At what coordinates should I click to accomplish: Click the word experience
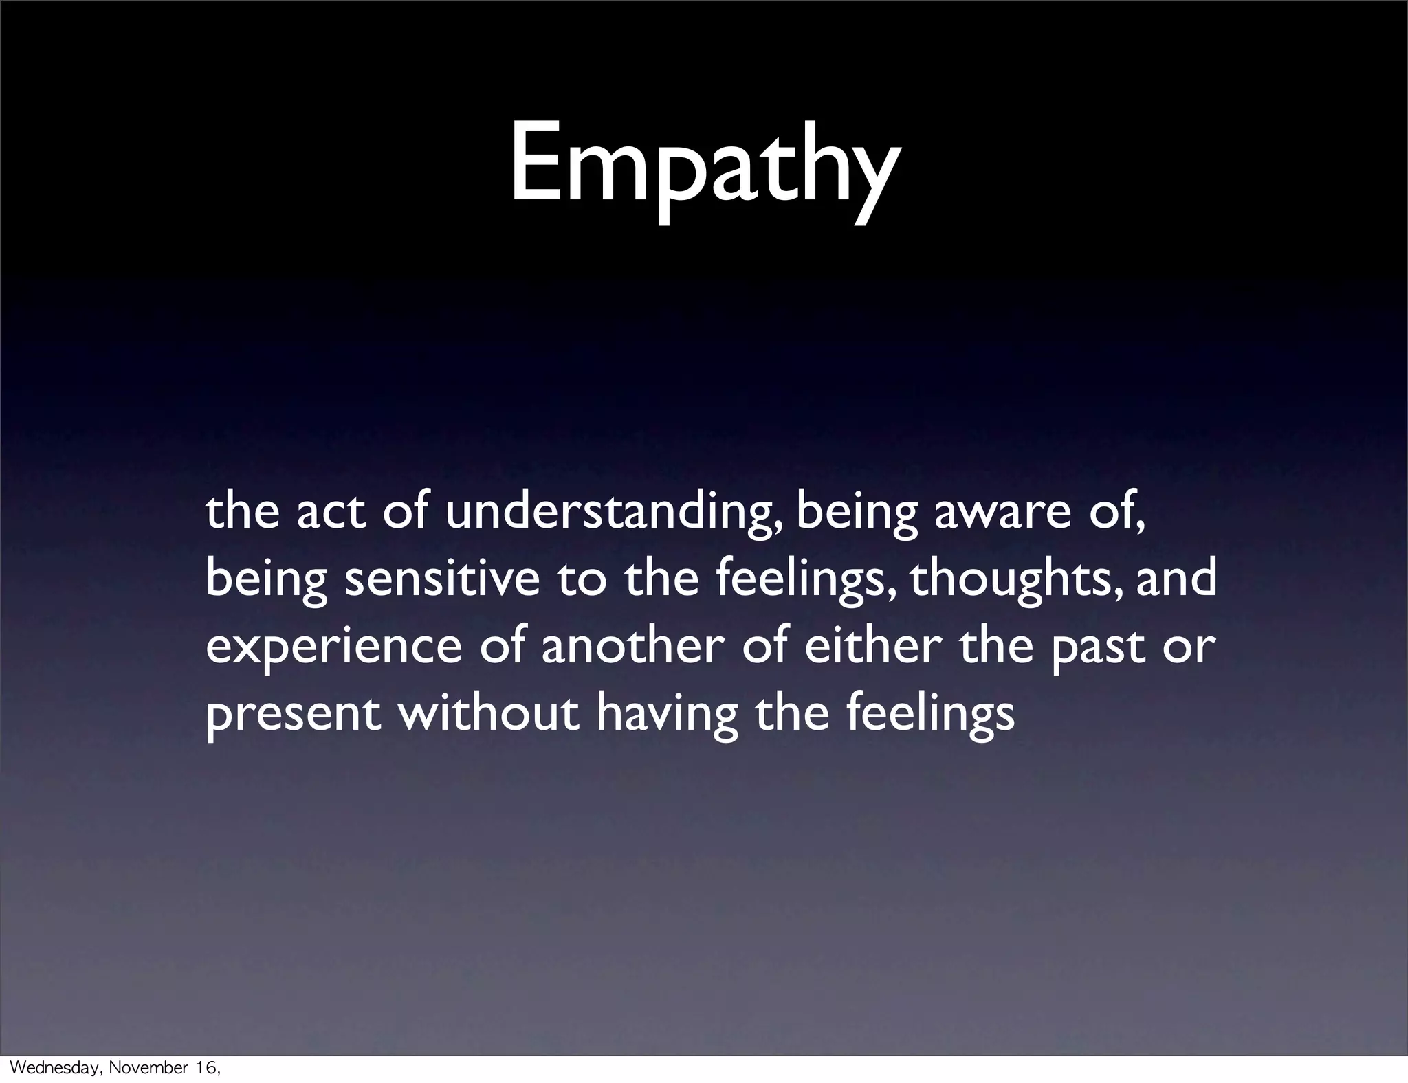tap(333, 647)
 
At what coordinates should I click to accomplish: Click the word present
tap(293, 715)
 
